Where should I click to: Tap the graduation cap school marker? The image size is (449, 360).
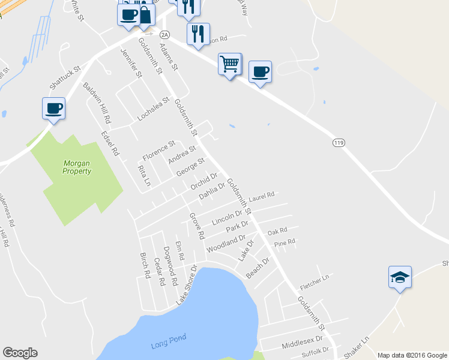(400, 277)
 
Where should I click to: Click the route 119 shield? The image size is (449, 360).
(338, 143)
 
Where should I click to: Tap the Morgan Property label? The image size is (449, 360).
(77, 167)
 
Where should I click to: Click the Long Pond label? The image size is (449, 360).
(166, 344)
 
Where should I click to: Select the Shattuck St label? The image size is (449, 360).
(68, 79)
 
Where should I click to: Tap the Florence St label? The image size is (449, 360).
(158, 151)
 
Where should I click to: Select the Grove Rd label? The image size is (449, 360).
(197, 225)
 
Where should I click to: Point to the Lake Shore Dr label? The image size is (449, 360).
(186, 285)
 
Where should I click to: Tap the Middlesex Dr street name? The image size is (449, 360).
(298, 343)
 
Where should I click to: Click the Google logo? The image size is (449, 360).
(20, 353)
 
